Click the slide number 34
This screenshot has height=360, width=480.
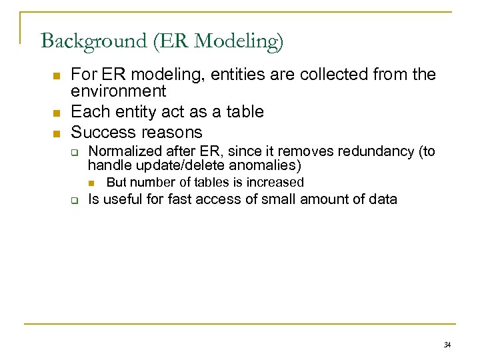pos(447,345)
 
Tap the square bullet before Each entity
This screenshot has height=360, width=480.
pos(57,111)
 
